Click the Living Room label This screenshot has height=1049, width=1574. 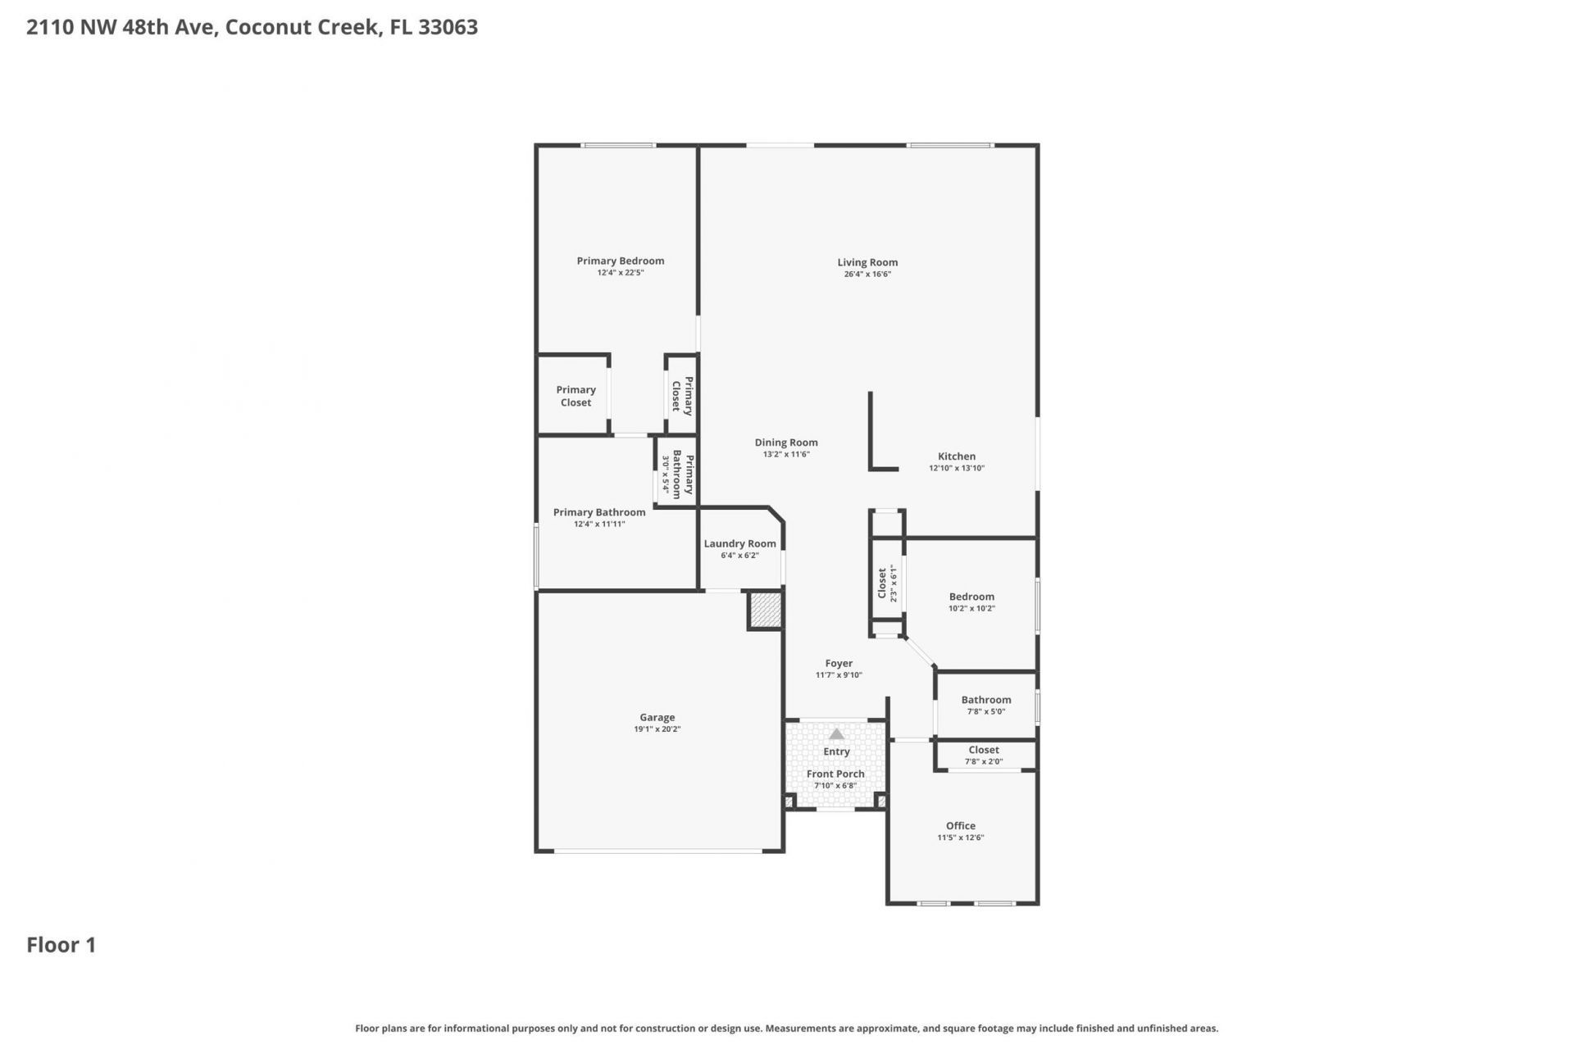(x=867, y=263)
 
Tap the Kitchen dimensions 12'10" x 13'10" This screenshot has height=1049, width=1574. (x=956, y=469)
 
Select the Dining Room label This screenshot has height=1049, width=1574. (x=786, y=443)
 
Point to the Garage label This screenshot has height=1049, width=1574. (x=657, y=718)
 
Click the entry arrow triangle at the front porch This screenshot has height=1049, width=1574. (x=836, y=734)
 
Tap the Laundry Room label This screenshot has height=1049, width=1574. (x=739, y=544)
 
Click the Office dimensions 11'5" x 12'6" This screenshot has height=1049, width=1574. (x=960, y=838)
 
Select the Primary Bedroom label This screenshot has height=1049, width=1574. (x=620, y=261)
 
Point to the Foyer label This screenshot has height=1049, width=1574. (x=839, y=664)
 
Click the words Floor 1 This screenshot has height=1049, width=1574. (x=61, y=945)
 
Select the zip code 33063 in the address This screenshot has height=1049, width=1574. (x=448, y=27)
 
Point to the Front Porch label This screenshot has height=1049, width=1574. (x=835, y=774)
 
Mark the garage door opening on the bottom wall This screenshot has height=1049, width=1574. (x=658, y=851)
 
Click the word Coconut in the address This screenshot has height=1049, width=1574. (x=261, y=27)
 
